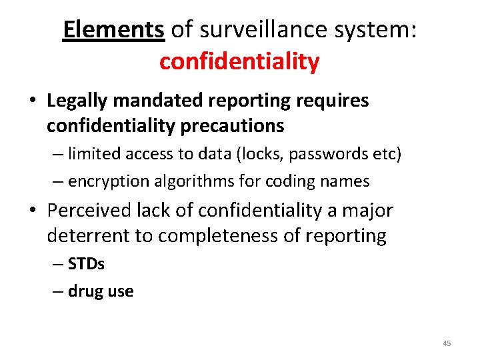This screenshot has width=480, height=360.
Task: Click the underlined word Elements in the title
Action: click(x=113, y=29)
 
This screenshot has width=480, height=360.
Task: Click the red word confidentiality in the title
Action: click(x=239, y=62)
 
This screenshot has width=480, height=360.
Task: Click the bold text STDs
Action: click(x=87, y=264)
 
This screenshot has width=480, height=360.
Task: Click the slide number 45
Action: click(x=446, y=343)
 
